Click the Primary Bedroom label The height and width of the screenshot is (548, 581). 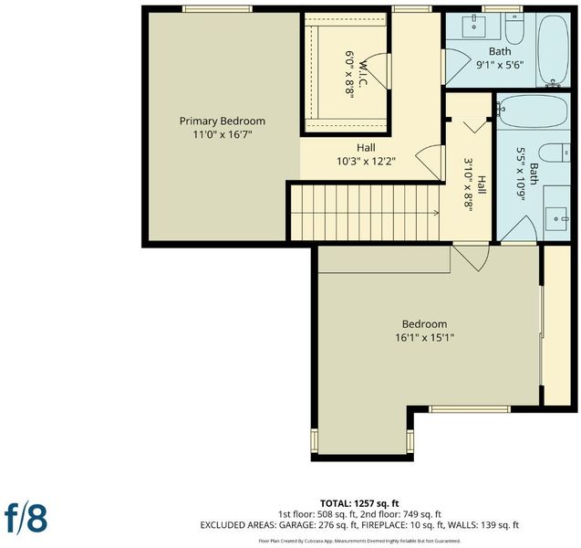pos(223,121)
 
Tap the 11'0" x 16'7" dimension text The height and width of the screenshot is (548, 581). pos(223,134)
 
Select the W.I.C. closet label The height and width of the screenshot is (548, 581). pos(362,73)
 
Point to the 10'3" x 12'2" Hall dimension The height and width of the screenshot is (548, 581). pos(366,162)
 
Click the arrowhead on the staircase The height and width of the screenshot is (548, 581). pos(437,213)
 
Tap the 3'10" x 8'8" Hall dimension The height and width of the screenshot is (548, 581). pos(469,184)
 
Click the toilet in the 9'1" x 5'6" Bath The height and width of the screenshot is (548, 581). pos(514,27)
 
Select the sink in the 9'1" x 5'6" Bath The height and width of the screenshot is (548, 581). pos(474,26)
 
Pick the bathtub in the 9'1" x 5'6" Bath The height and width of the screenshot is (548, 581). pos(554,50)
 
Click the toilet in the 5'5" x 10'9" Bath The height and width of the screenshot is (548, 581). pos(555,153)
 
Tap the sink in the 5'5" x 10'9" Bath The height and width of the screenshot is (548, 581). pos(556,218)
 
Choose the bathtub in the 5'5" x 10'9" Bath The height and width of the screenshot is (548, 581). pos(533,111)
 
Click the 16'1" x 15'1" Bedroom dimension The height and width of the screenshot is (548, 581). pos(425,338)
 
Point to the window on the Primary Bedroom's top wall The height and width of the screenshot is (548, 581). pos(217,9)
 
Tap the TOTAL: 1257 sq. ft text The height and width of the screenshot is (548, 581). pos(359,503)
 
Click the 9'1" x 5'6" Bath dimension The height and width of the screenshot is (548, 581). pos(500,65)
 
